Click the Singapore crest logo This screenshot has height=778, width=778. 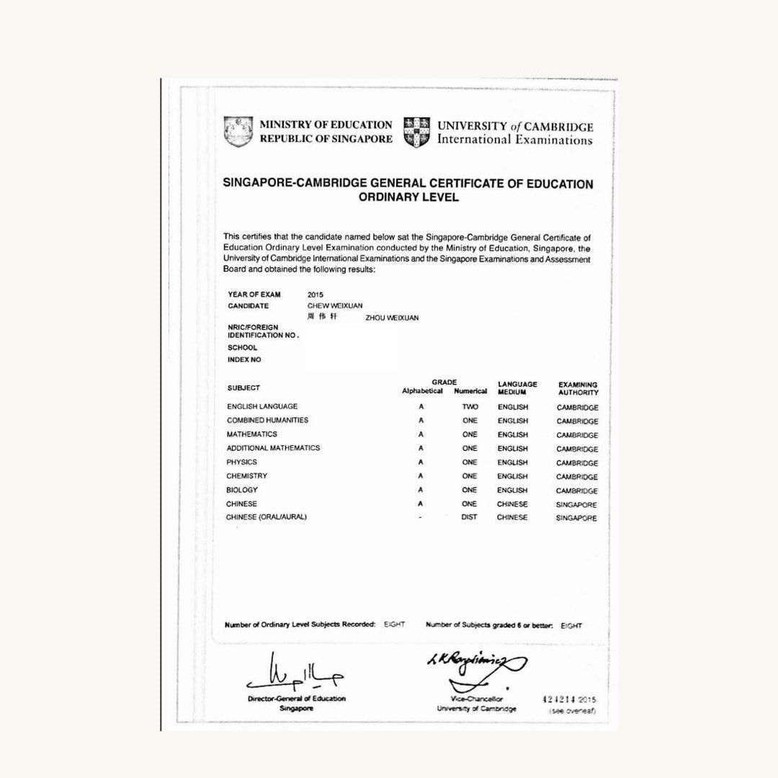point(238,132)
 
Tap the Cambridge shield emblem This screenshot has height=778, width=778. point(417,132)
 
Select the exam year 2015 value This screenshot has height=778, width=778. point(316,295)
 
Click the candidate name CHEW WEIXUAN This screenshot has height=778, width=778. point(335,305)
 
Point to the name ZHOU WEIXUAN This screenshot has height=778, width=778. point(392,318)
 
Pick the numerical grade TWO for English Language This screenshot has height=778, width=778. point(470,407)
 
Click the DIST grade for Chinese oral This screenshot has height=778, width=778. point(469,517)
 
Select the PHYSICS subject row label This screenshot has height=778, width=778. point(241,462)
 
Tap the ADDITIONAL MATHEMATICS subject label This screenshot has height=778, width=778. point(273,448)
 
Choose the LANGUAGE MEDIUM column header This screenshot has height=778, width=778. point(517,388)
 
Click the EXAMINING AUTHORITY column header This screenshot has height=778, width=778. point(578,388)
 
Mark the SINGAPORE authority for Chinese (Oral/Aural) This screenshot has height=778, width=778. point(576,518)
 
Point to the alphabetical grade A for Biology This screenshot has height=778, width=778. point(421,490)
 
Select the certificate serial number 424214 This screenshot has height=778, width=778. point(558,699)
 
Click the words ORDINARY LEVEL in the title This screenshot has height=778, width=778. point(408,197)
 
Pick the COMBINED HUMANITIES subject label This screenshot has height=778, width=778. point(267,420)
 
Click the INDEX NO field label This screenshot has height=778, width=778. point(244,359)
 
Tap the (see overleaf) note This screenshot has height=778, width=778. point(572,711)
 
